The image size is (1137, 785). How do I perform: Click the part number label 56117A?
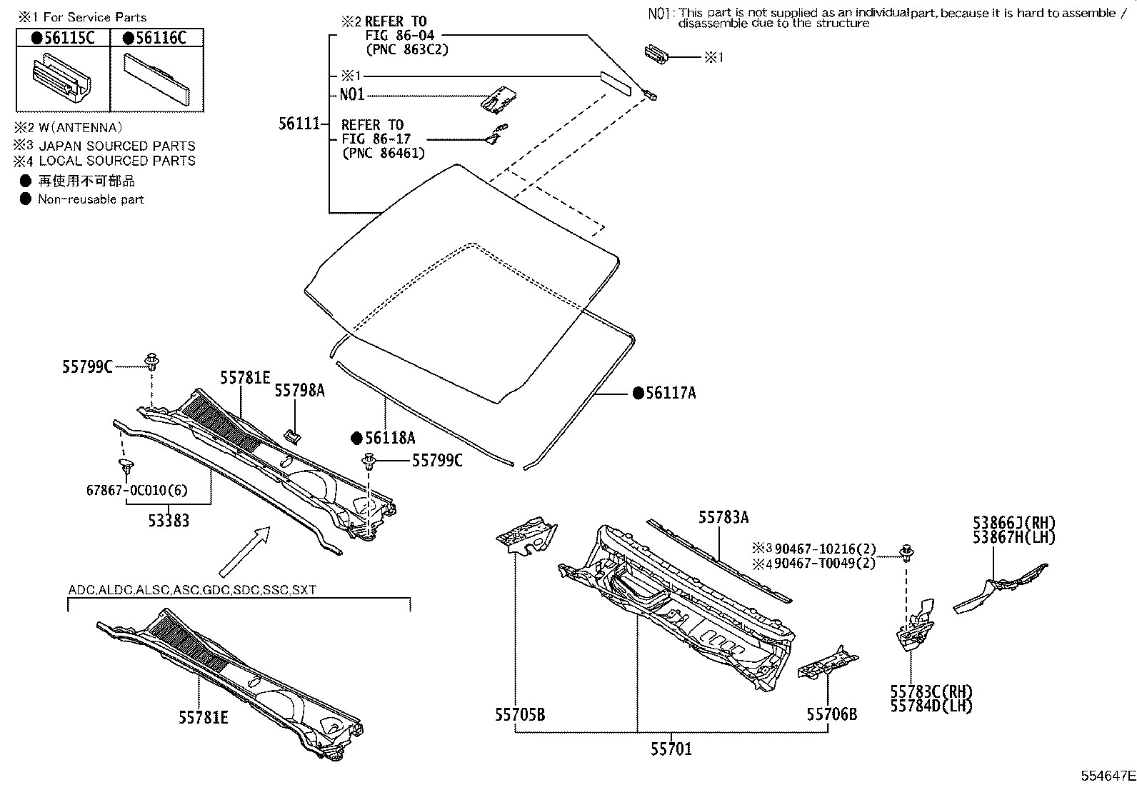click(670, 393)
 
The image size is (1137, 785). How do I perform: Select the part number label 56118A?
click(389, 439)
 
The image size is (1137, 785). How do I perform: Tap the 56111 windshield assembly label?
click(298, 124)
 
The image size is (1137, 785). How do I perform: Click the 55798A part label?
click(300, 390)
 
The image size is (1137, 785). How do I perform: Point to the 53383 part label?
click(169, 520)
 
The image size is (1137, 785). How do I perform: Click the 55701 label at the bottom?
click(671, 749)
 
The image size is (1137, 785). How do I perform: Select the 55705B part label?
click(519, 714)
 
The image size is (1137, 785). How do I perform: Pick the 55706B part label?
click(831, 714)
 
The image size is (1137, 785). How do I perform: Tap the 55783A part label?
click(723, 518)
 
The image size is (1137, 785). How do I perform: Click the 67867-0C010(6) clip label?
click(137, 489)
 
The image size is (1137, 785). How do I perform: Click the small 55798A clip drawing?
click(291, 434)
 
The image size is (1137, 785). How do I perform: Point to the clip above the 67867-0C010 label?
click(127, 468)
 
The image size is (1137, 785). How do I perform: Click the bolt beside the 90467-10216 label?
click(908, 550)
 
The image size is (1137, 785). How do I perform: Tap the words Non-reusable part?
click(91, 200)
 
